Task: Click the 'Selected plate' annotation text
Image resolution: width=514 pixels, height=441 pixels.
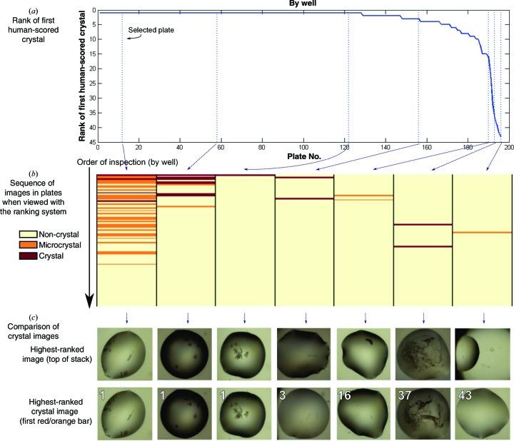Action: click(151, 31)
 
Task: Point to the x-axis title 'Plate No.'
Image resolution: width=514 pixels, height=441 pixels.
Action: click(304, 155)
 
